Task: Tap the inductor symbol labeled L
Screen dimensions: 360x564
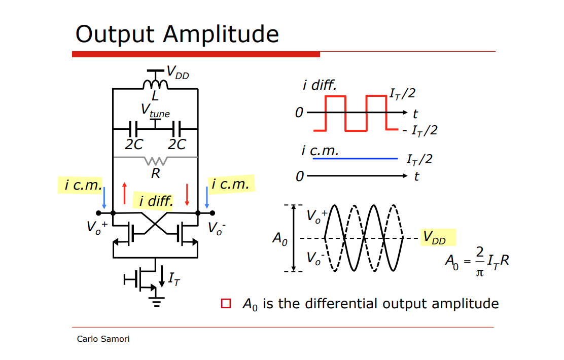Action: [155, 84]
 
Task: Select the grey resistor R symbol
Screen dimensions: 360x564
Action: [155, 160]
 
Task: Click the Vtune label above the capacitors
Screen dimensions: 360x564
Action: [155, 110]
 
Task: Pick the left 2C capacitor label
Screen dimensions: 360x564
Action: [134, 145]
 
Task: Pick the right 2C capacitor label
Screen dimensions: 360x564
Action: [177, 145]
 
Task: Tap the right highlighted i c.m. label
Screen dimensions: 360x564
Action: [231, 184]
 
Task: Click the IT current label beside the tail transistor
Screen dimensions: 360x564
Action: [173, 278]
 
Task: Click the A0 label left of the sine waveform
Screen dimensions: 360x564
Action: [280, 238]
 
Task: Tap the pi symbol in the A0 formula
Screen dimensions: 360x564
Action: [479, 273]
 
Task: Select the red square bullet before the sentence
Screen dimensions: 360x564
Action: [226, 304]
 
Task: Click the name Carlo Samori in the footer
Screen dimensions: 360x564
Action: [103, 339]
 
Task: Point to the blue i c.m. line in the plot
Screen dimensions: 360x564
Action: [355, 159]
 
